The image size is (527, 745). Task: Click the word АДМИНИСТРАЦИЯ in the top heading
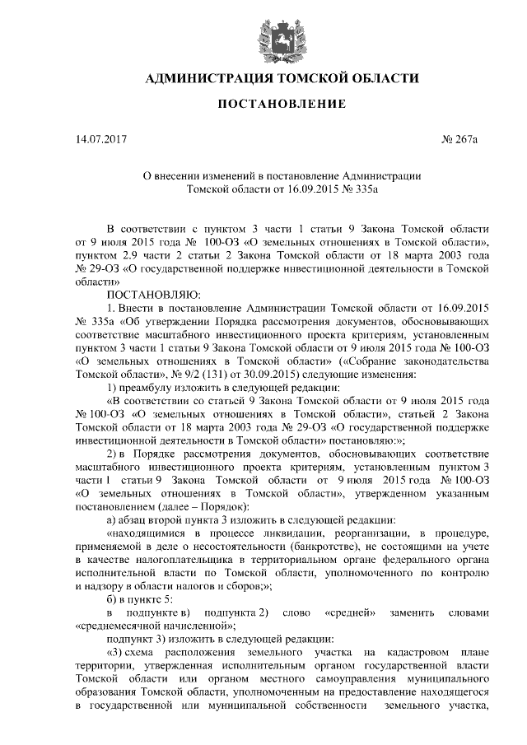click(x=208, y=79)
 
